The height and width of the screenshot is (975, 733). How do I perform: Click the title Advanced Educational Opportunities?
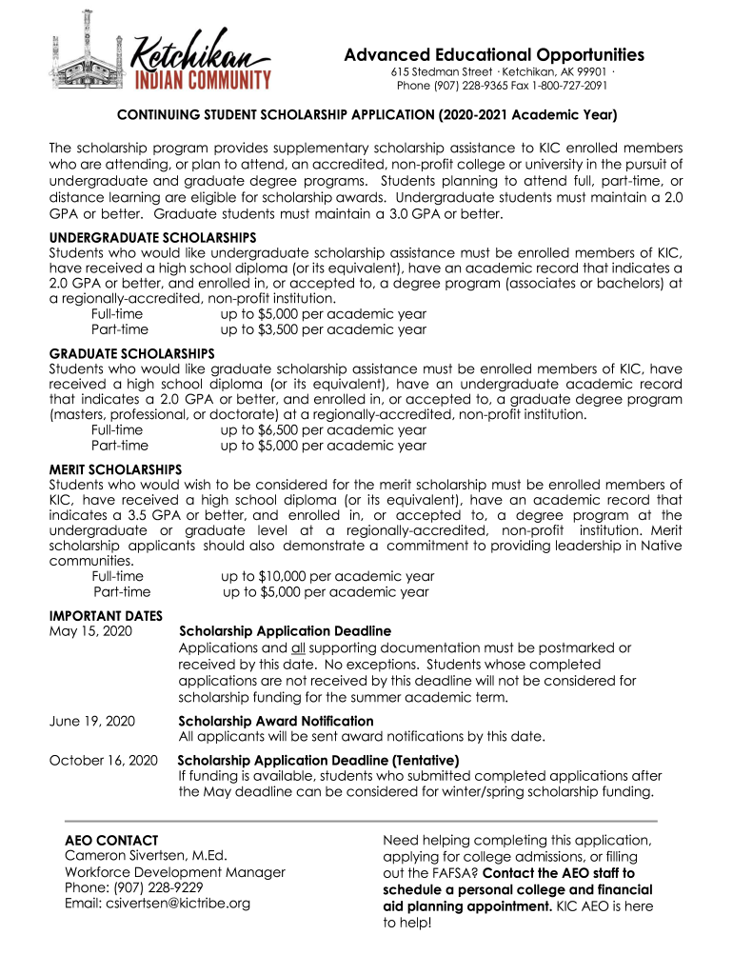tap(494, 55)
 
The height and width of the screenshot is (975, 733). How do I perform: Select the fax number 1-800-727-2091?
tap(567, 86)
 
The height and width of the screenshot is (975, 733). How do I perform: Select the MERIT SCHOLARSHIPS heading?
tap(115, 470)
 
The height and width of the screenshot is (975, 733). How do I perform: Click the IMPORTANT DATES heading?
tap(106, 615)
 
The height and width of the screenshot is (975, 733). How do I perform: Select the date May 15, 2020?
tap(91, 631)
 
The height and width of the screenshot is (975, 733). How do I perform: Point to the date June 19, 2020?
tap(92, 721)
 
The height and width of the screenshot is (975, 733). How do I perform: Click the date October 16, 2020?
tap(103, 760)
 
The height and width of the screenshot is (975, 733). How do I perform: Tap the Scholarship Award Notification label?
tap(276, 721)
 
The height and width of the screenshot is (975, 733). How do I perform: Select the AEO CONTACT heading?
tap(110, 841)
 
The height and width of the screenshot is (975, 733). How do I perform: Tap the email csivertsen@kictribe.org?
tap(157, 903)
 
